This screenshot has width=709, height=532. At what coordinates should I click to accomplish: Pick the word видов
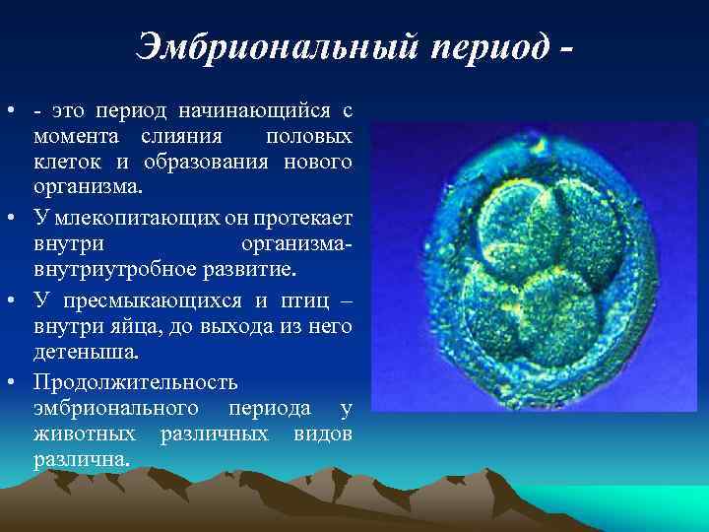pos(323,434)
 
